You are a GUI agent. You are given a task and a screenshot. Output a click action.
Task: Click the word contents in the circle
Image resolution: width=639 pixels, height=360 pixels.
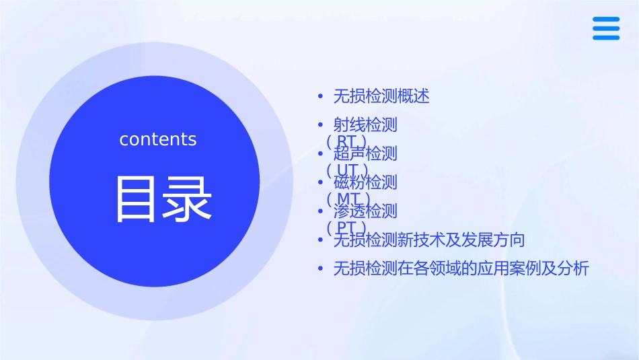coord(158,139)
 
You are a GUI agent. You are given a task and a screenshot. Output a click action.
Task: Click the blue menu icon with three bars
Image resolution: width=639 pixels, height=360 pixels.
coord(606,28)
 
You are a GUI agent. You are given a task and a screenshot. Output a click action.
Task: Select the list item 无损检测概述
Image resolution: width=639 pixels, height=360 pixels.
coord(381,96)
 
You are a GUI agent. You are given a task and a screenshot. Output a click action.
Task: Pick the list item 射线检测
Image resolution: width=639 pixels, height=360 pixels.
coord(365,124)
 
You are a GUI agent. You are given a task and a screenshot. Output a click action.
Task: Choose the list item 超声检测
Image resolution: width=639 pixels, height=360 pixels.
coord(365,153)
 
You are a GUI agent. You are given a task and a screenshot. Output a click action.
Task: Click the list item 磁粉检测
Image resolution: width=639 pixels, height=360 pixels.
coord(365,182)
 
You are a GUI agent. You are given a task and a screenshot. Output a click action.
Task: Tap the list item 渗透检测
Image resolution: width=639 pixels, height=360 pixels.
coord(365,211)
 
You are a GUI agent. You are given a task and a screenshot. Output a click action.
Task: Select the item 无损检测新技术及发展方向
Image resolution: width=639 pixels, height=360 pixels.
coord(429,240)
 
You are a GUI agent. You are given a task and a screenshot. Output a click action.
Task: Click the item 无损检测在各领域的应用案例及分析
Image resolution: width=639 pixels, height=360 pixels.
coord(461,269)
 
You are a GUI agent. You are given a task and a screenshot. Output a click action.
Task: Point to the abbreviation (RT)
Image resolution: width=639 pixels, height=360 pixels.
coord(346,141)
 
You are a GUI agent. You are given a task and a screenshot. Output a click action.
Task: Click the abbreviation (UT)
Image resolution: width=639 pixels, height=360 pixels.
coord(346,169)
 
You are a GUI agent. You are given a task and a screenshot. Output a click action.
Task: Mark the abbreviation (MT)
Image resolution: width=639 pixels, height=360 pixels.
coord(347,198)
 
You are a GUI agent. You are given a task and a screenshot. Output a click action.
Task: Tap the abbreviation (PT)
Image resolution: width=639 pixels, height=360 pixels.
coord(346,227)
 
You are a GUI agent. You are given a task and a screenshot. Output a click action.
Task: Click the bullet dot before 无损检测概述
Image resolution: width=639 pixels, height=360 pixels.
coord(322,96)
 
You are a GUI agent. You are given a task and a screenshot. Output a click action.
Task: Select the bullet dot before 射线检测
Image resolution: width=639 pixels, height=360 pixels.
coord(322,125)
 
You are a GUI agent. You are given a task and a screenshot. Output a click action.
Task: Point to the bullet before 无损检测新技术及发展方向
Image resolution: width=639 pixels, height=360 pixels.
coord(322,240)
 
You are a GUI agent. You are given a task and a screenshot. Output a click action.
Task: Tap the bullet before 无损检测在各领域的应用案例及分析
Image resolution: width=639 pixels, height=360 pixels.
coord(322,269)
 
